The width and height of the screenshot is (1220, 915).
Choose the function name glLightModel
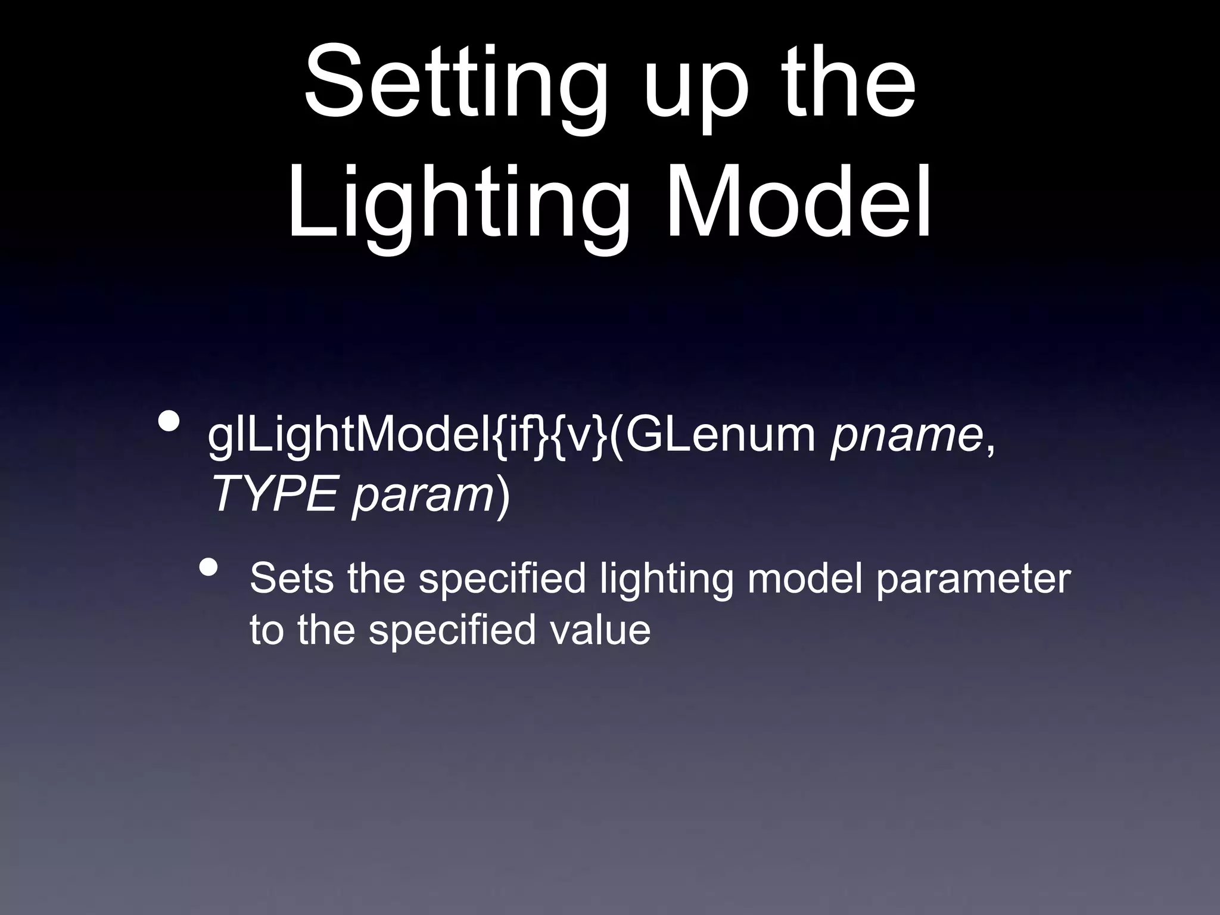(349, 437)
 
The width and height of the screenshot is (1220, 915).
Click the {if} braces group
(518, 437)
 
